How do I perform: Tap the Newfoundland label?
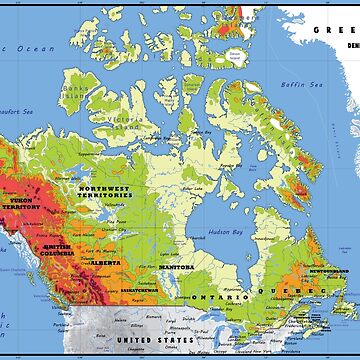click(330, 271)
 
